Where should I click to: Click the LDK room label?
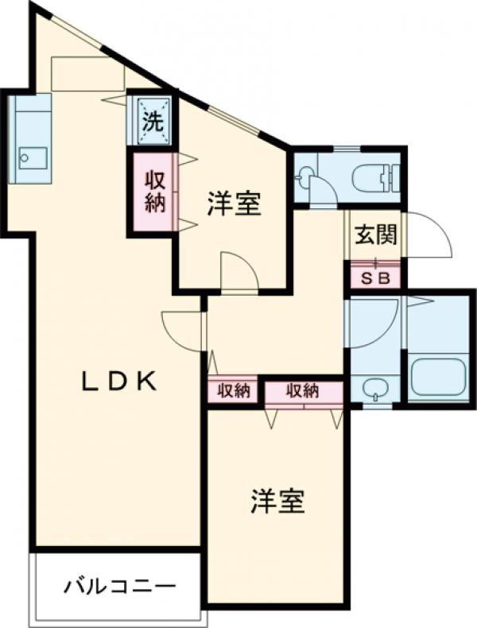point(118,382)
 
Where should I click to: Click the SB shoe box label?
point(374,277)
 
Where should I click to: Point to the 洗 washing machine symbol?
point(152,121)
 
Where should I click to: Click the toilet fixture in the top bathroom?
point(374,177)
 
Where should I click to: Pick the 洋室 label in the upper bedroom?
point(233,204)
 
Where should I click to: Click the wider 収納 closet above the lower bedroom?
point(303,390)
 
